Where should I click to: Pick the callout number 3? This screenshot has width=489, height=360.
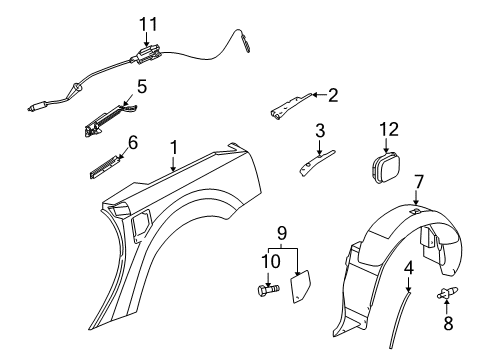tap(320, 130)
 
